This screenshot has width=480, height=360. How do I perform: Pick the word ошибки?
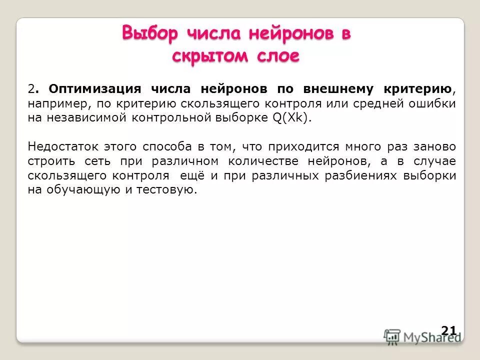(432, 103)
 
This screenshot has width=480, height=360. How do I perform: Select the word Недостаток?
(62, 147)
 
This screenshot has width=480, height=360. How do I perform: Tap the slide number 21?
(448, 330)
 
